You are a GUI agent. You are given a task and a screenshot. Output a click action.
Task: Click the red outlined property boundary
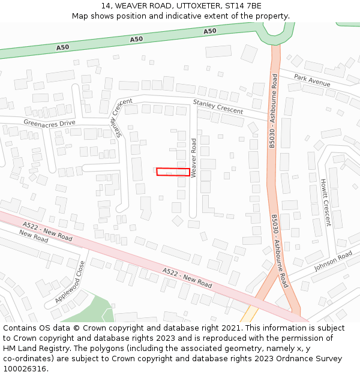click(x=173, y=172)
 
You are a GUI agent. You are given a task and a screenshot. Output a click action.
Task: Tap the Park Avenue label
click(x=312, y=81)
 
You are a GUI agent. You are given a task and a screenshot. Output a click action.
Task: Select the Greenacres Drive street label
click(x=49, y=123)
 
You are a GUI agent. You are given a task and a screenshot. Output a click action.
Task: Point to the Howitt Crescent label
click(x=325, y=202)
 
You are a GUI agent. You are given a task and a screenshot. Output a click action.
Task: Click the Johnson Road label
click(x=333, y=261)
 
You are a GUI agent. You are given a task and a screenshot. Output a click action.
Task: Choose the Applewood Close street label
click(x=70, y=281)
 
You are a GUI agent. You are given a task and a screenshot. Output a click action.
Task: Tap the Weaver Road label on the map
click(x=194, y=154)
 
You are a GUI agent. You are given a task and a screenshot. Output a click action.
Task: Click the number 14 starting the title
click(x=104, y=5)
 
